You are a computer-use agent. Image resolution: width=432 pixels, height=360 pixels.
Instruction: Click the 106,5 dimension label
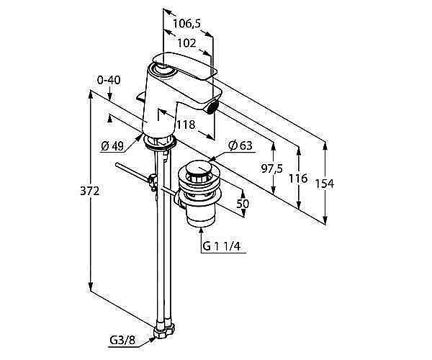186,24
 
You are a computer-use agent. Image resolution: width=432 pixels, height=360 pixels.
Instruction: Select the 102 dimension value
186,42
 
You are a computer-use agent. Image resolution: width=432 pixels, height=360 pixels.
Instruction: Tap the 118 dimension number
186,125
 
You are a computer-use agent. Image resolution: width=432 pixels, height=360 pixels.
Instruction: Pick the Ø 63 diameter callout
240,146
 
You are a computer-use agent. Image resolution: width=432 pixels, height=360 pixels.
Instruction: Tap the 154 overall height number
325,183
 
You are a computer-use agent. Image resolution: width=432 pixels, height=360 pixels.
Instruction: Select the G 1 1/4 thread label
221,246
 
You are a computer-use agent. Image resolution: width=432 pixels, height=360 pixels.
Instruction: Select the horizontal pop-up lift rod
133,173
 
